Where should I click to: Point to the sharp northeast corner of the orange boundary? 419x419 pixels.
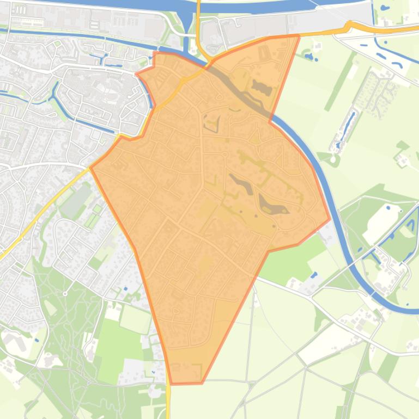click(x=299, y=36)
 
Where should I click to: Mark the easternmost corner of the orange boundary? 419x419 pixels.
click(x=329, y=220)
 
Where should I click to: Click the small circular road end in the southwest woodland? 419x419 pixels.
click(x=65, y=294)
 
